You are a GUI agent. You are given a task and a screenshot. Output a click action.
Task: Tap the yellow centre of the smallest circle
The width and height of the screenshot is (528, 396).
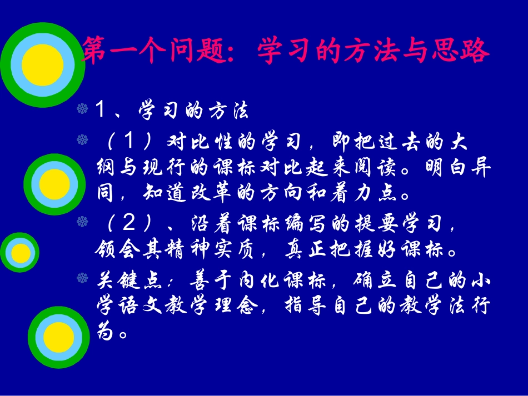click(22, 253)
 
